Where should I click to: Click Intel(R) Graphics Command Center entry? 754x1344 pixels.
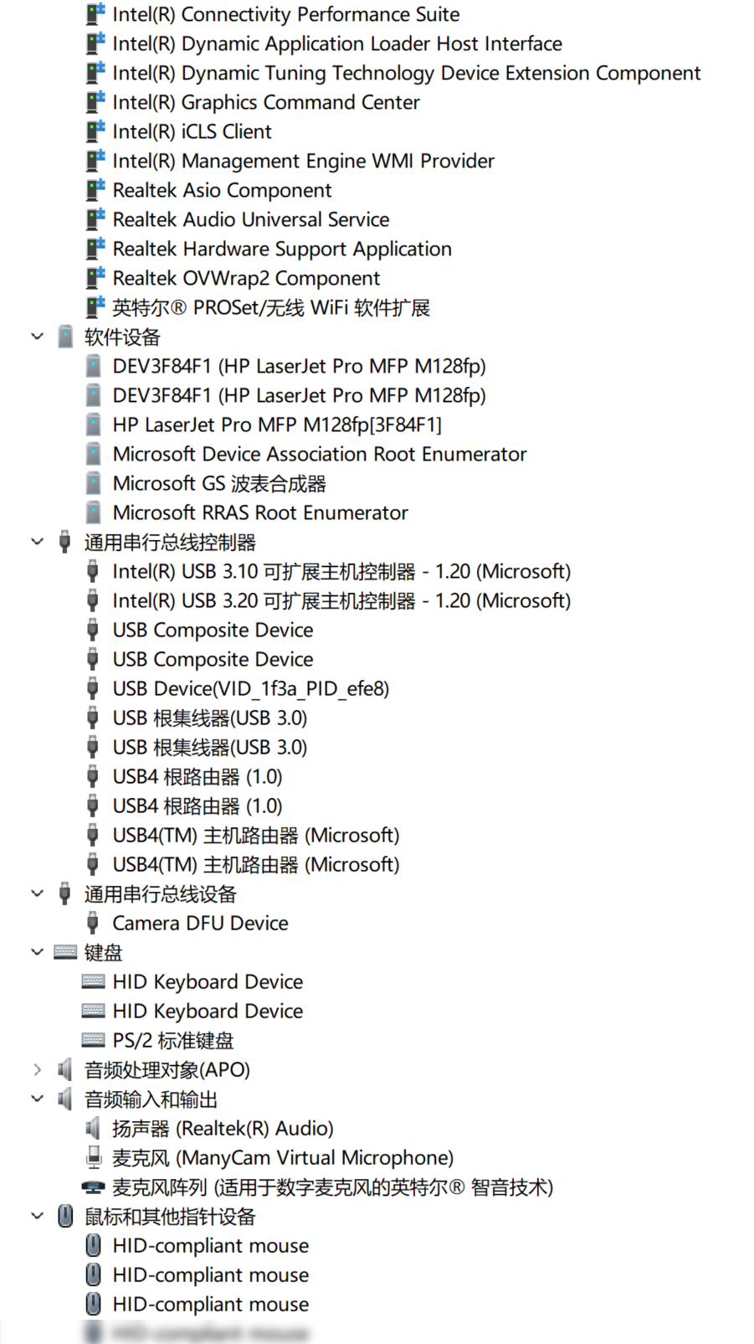(265, 102)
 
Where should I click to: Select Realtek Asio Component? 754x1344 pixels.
(222, 190)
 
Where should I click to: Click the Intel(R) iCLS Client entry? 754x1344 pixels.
(192, 131)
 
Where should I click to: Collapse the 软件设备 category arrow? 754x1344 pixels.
(37, 337)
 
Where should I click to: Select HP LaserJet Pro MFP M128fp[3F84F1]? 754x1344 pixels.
(276, 425)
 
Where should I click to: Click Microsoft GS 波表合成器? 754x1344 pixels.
(218, 483)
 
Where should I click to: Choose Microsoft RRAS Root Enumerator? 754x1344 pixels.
(259, 512)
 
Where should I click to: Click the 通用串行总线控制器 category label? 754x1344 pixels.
(169, 542)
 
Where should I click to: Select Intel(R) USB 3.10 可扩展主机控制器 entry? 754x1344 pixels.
(341, 571)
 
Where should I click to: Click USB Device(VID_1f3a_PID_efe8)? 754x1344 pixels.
(250, 688)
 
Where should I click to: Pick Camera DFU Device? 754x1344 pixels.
(200, 923)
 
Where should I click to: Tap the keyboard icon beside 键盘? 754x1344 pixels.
(65, 952)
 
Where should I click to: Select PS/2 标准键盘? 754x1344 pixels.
(172, 1040)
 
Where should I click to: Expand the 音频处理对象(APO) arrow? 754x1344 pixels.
(37, 1069)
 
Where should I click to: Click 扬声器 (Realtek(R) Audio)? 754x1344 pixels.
(222, 1128)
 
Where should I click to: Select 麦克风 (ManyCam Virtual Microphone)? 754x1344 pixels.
(282, 1157)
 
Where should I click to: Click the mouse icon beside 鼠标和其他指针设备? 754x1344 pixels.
(65, 1216)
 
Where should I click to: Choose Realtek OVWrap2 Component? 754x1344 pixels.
(245, 278)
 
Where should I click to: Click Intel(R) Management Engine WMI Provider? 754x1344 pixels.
(303, 161)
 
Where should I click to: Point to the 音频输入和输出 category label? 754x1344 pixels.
(151, 1099)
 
